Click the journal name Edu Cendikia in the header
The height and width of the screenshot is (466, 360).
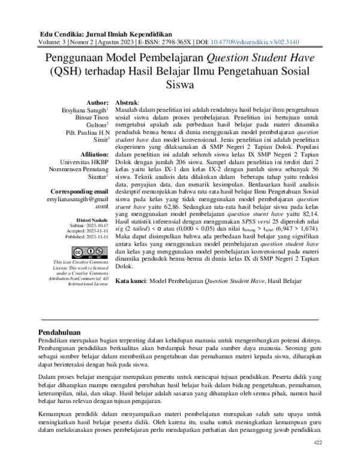pos(62,34)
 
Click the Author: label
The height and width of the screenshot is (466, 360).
pos(98,103)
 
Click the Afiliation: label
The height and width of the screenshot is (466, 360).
pos(94,154)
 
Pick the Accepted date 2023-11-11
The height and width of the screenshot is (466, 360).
pos(95,231)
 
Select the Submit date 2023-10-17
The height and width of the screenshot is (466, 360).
pos(95,226)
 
